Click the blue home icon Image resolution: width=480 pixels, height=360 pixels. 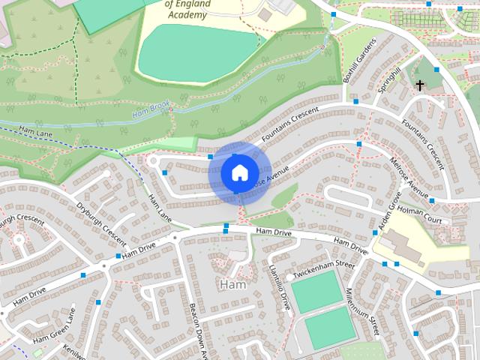(x=239, y=173)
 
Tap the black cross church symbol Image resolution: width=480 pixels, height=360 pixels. (x=420, y=85)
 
